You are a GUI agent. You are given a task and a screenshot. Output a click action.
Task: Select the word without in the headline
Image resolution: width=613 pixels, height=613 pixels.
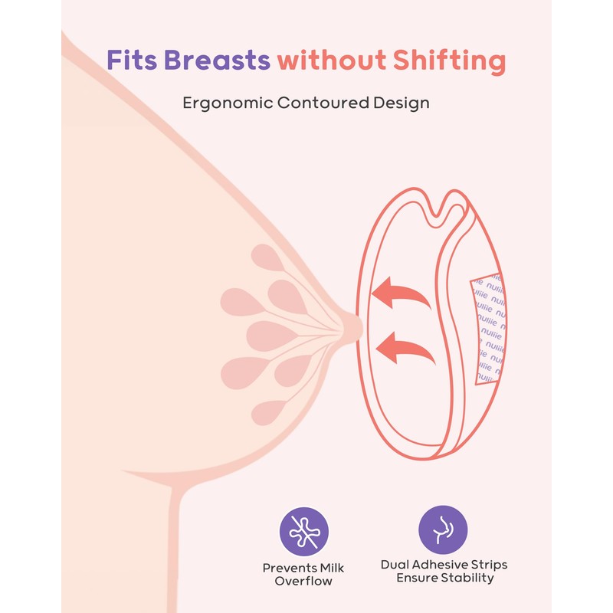331,60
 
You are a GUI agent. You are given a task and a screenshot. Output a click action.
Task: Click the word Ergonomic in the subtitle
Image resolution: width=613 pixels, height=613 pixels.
222,103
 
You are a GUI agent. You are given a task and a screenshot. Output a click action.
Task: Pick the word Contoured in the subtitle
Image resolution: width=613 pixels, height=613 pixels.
321,103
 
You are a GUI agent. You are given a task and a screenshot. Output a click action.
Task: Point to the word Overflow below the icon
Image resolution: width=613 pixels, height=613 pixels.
303,582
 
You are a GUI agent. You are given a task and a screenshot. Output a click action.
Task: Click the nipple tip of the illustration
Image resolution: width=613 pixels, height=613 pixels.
354,326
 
